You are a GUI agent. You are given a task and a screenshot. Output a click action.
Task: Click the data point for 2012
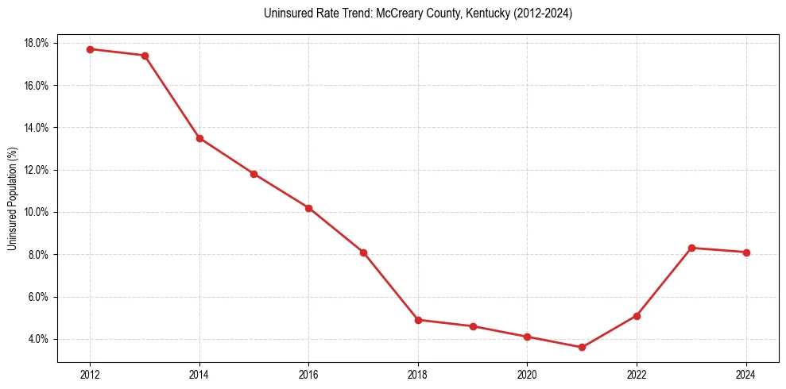point(90,49)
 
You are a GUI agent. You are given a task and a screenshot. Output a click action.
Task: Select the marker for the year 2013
point(145,56)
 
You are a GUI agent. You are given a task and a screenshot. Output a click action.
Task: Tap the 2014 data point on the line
point(199,138)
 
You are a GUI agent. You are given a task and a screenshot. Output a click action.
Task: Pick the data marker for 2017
point(363,252)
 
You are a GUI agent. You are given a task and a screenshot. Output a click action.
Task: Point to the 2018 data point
point(418,320)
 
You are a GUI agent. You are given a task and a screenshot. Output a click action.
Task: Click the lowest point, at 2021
point(583,347)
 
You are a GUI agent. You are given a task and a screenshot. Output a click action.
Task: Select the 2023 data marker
point(691,248)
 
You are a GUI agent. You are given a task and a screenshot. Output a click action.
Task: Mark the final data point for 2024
point(746,252)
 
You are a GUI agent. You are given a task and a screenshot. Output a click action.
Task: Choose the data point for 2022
point(637,316)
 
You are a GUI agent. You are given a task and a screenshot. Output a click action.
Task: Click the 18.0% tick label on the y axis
point(37,43)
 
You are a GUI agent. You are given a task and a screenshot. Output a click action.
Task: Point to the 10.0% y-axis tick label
point(37,212)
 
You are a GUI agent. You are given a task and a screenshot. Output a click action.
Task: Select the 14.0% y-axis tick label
point(37,128)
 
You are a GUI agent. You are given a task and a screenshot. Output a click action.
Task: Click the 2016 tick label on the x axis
point(308,374)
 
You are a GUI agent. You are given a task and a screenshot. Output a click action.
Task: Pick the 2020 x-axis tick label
point(528,374)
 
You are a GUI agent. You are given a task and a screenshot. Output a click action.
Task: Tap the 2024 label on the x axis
point(746,374)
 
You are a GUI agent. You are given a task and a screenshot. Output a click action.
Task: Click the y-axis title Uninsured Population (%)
point(13,198)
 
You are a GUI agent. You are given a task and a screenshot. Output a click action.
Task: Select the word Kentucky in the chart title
point(486,13)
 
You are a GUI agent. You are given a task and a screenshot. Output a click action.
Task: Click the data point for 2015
point(254,174)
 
